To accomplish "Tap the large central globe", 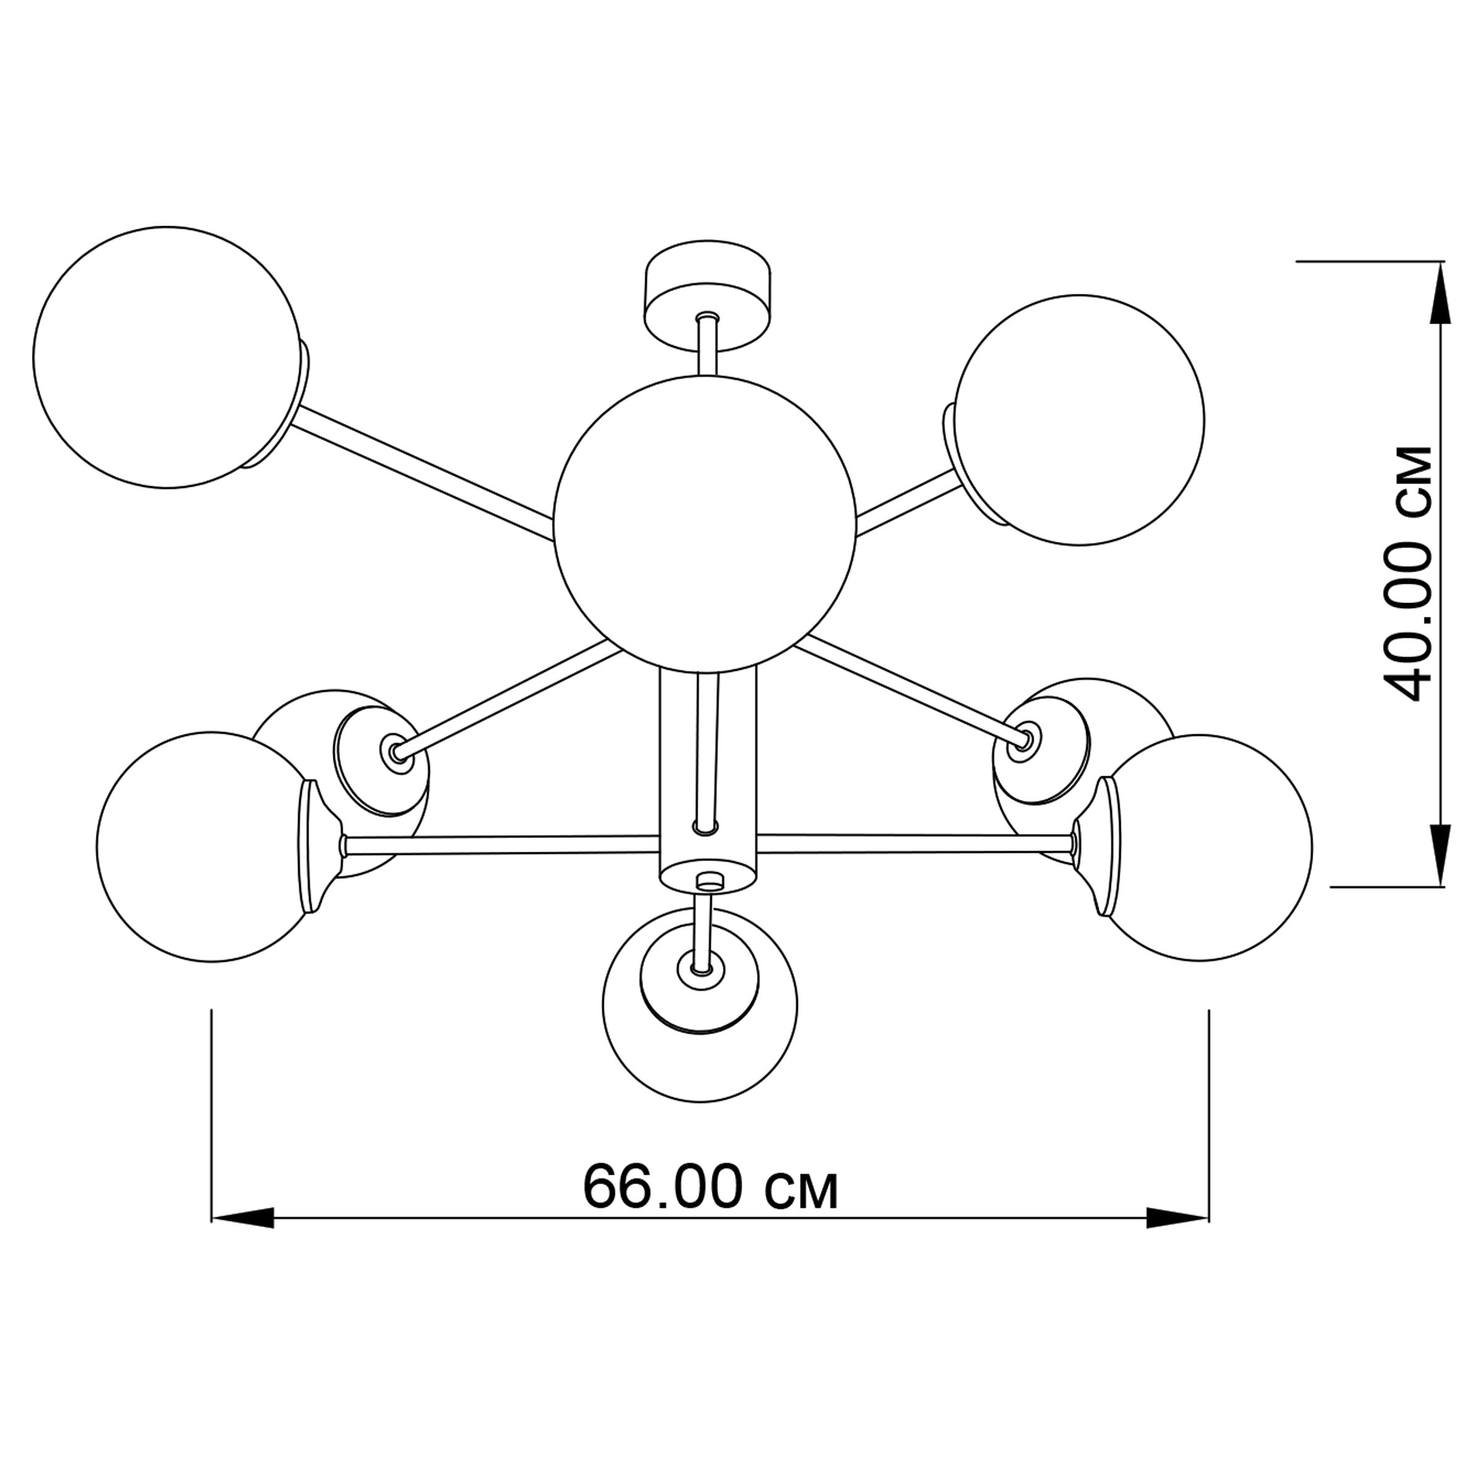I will (x=705, y=523).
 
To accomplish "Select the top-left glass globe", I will (x=166, y=357).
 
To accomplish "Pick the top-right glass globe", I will (x=1080, y=421).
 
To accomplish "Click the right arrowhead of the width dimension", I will (x=1176, y=1240).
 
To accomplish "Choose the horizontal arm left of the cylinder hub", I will (x=502, y=845).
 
